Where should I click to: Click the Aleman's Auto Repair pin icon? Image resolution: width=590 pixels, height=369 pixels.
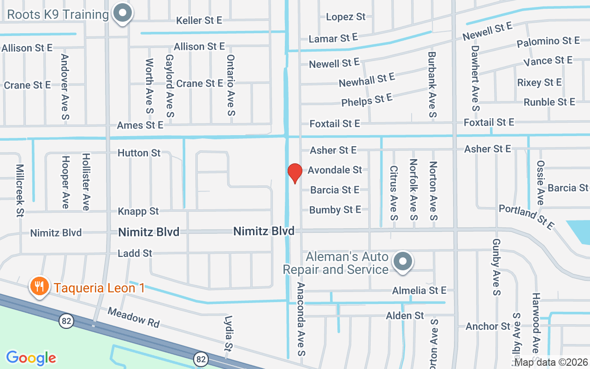click(x=403, y=262)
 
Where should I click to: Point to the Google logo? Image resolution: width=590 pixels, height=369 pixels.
click(x=31, y=357)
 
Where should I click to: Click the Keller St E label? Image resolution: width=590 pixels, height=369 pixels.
click(x=199, y=20)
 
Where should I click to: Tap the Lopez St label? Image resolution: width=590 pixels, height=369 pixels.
click(x=346, y=17)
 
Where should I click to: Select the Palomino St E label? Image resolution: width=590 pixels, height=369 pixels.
click(x=548, y=42)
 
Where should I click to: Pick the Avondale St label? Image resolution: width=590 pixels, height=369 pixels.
click(x=335, y=170)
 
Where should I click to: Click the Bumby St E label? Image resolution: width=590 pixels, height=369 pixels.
click(x=335, y=210)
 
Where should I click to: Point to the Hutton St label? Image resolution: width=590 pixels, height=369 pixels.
click(x=139, y=153)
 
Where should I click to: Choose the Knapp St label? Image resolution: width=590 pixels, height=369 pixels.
click(x=138, y=211)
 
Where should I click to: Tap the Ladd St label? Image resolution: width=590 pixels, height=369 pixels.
click(x=135, y=253)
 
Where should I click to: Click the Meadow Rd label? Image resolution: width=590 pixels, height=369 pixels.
click(x=134, y=318)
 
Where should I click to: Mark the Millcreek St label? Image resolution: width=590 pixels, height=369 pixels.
click(x=19, y=190)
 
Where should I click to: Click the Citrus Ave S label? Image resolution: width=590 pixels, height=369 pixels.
click(x=393, y=193)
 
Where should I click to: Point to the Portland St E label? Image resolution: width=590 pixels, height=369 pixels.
click(x=526, y=217)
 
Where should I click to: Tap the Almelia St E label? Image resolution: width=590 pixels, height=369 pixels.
click(x=419, y=290)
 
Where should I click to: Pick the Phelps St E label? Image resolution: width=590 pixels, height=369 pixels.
click(x=367, y=100)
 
